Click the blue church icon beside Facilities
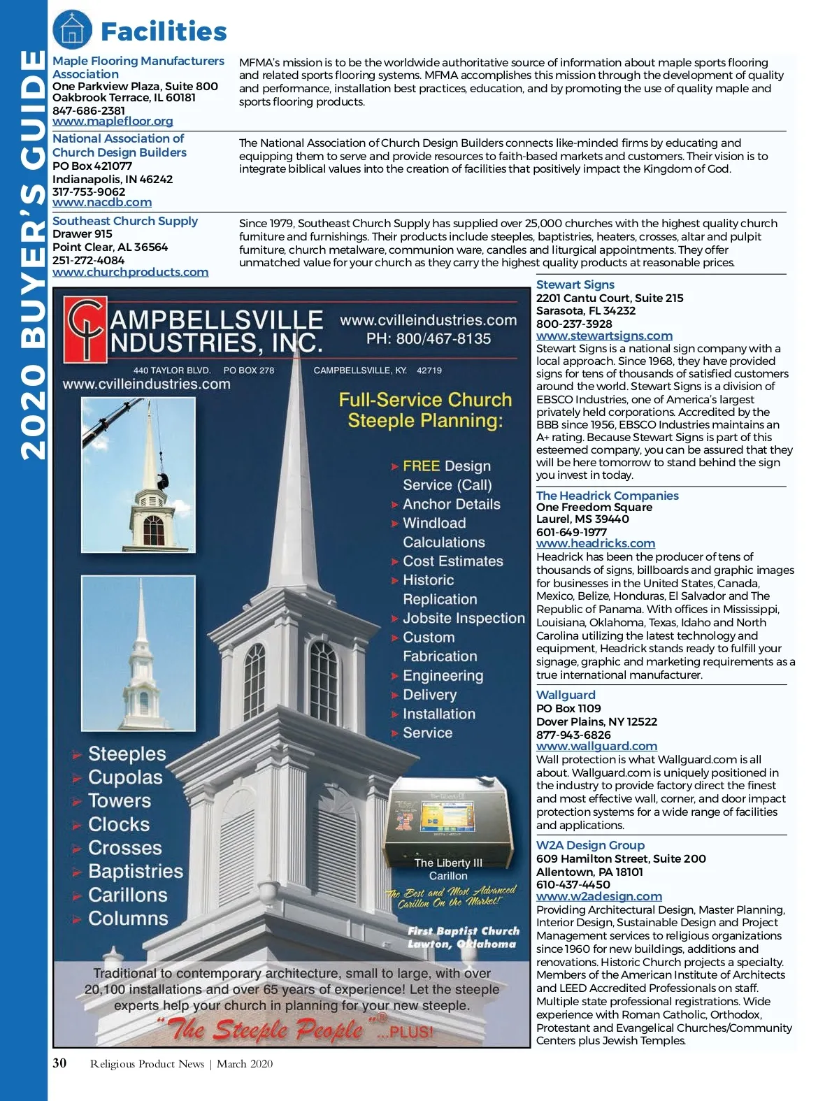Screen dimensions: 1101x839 click(72, 30)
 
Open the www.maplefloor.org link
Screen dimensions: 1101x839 click(113, 122)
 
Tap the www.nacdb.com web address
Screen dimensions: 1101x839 click(102, 203)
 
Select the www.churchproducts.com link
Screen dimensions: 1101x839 click(130, 272)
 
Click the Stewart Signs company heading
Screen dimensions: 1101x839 click(575, 285)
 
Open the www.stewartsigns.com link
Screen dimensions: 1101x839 click(604, 336)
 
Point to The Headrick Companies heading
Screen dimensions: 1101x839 click(607, 496)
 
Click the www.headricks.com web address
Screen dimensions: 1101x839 click(596, 544)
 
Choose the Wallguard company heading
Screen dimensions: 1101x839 click(566, 695)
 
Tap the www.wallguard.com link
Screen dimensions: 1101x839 click(596, 747)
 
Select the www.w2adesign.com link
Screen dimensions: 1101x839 click(598, 897)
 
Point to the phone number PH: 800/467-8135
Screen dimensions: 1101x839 click(428, 339)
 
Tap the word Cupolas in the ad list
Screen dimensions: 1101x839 click(124, 777)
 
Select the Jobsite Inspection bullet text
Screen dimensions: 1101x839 click(463, 619)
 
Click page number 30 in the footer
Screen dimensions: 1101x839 click(60, 1063)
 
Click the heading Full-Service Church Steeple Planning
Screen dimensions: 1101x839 click(425, 410)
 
